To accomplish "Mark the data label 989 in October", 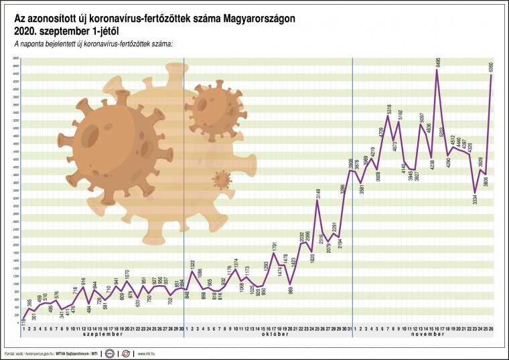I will coord(291,291).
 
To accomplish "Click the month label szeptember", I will coord(102,334).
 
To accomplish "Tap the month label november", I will coord(423,334).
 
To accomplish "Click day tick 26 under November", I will coord(492,328).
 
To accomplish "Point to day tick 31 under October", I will coord(350,328).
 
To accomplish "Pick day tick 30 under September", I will coord(182,328).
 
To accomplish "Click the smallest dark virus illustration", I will coord(221,179).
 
